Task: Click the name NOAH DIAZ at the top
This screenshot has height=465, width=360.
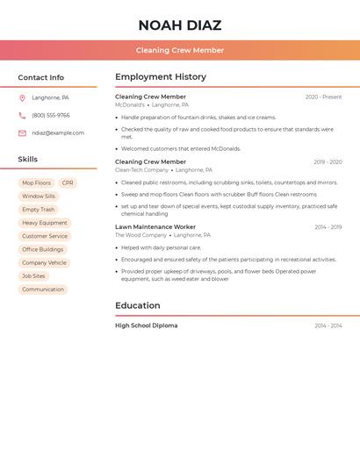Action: coord(179,25)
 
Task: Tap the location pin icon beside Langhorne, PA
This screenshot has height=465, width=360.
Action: coord(22,98)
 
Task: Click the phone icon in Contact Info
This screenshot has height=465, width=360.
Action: coord(22,116)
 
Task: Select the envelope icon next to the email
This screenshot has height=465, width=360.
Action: coord(22,133)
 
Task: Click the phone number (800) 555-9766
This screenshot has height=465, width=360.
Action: coord(51,116)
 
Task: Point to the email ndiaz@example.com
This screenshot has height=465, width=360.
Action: coord(58,133)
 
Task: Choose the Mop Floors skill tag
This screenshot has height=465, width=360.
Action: coord(36,183)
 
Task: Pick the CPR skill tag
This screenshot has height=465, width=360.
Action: coord(68,183)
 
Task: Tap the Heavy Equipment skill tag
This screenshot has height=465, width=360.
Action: coord(45,223)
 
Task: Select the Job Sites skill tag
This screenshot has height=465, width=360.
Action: coord(33,276)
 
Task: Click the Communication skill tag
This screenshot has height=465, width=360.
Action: coord(43,290)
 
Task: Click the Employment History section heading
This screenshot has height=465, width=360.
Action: coord(161,77)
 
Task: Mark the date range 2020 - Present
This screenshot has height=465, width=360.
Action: coord(323,97)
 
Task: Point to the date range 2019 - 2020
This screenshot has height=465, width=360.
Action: coord(328,162)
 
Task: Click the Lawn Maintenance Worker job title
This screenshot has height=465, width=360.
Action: coord(155,227)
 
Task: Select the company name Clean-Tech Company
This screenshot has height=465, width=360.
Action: coord(141,170)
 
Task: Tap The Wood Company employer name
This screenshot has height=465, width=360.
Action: coord(140,235)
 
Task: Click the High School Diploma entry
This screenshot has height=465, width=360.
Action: coord(146,325)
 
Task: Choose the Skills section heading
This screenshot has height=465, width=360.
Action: coord(28,160)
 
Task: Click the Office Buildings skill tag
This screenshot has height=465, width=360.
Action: coord(43,249)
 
